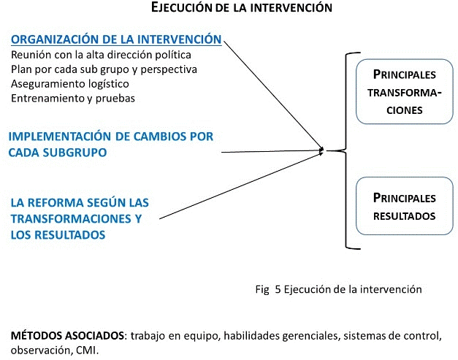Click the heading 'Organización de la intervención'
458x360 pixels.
coord(117,39)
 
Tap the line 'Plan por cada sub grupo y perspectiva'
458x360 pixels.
coord(104,69)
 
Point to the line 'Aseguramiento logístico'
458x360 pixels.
coord(70,84)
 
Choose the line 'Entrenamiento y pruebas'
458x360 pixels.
coord(73,99)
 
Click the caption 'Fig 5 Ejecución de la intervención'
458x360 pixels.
coord(339,289)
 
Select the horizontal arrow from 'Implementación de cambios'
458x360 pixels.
coord(270,152)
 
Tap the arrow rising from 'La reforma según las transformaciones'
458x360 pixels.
coord(241,185)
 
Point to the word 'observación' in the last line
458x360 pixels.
coord(37,350)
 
